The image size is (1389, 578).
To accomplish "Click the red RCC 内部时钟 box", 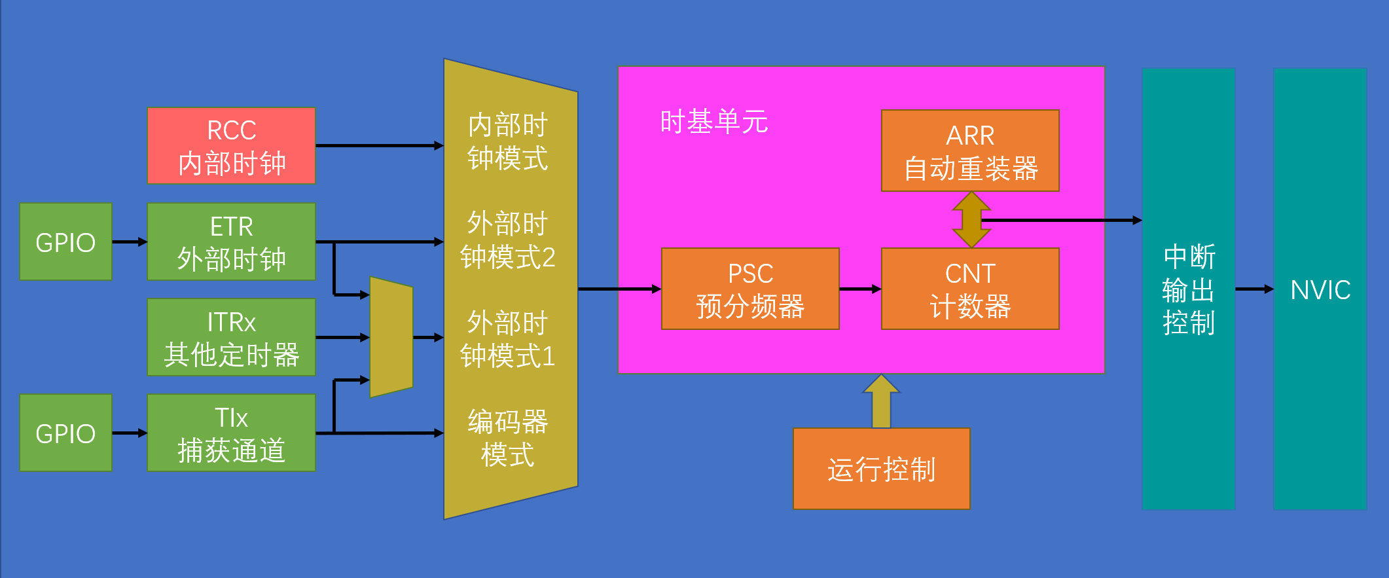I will coord(231,145).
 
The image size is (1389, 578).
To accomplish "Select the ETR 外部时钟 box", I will coord(231,242).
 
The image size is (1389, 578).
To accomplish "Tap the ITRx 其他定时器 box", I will coord(231,337).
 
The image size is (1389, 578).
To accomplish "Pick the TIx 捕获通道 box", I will coord(231,433).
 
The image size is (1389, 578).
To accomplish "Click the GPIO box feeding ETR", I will coord(65,242).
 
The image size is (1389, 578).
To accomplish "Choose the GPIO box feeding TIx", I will coord(65,433).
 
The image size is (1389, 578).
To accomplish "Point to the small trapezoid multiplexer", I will coord(391,337).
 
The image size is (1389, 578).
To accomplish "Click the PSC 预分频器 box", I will coord(750,289).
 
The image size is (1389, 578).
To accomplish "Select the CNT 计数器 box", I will coord(970,289).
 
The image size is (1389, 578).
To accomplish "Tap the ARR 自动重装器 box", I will coord(970,151).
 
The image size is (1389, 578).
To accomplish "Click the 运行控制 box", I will coord(881,469).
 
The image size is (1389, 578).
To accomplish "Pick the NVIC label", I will coord(1320,289).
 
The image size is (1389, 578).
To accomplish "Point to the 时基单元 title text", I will coord(713,122).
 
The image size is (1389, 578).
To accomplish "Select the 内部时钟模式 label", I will coord(507,141).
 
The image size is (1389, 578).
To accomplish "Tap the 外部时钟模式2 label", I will coord(507,240).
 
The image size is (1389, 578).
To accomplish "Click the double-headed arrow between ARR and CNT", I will coord(971,219).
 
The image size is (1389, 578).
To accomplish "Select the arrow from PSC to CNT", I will coord(860,289).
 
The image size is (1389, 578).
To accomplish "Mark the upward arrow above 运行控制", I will coord(881,401).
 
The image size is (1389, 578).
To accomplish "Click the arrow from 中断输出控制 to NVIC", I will coord(1254,289).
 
